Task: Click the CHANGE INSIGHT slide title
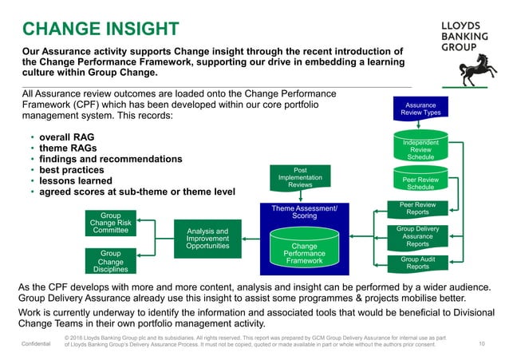coord(101,30)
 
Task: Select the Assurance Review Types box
coord(422,109)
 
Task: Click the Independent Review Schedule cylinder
coord(420,148)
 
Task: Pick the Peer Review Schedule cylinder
coord(420,183)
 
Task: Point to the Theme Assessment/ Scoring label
coord(305,212)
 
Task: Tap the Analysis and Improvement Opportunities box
coord(207,239)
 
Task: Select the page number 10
coord(482,344)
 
